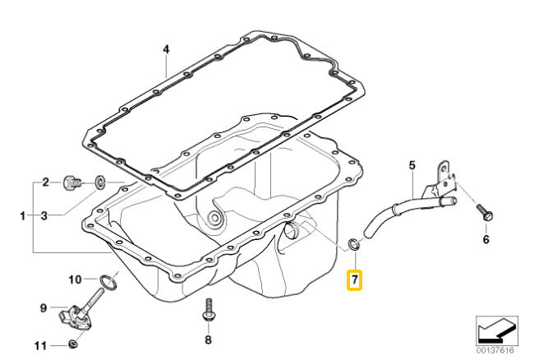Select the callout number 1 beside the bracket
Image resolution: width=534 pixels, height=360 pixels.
(22, 216)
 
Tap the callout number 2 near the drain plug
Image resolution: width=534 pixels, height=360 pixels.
(46, 182)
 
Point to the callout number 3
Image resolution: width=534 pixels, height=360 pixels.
(46, 216)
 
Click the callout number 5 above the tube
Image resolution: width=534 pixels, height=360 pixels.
(412, 166)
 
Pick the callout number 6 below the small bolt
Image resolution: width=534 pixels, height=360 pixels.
(485, 240)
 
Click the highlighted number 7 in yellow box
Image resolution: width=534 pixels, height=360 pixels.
(353, 279)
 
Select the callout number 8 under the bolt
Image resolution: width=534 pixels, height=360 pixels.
(208, 339)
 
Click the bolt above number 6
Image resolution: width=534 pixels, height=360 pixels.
(484, 213)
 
